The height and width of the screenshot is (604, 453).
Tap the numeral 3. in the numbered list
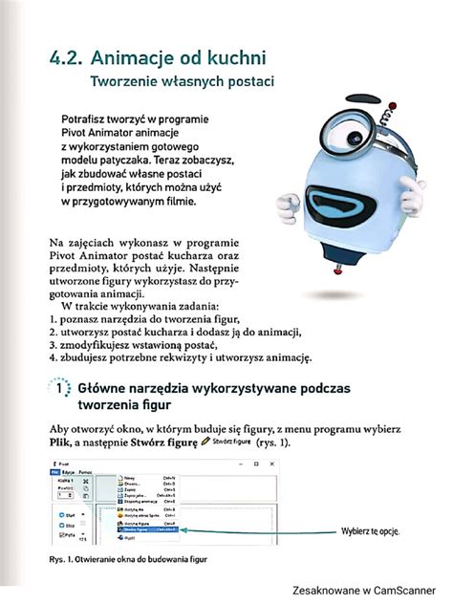click(54, 344)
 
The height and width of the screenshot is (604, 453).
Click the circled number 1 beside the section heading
click(59, 391)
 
